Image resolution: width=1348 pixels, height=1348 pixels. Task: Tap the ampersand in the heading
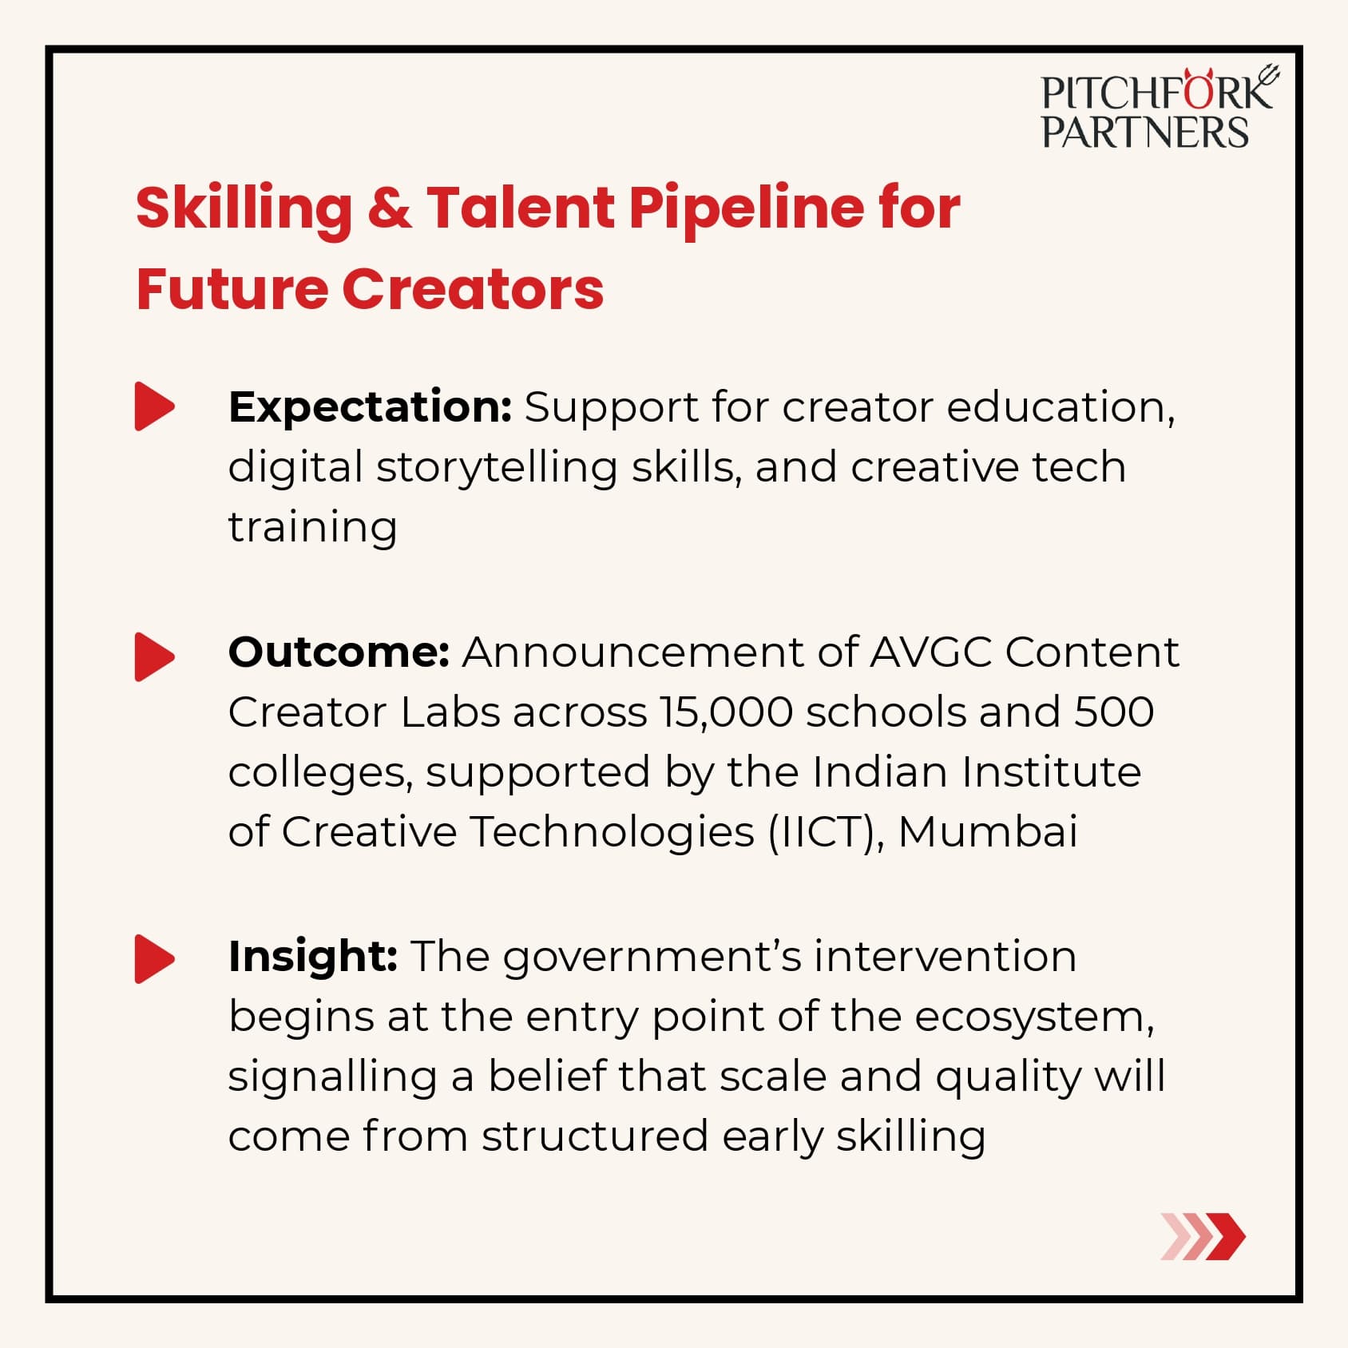[x=390, y=208]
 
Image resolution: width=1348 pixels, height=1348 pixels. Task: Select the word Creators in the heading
[x=473, y=289]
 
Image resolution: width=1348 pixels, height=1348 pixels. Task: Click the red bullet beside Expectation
[x=155, y=406]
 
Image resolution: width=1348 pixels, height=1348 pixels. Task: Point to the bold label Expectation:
[x=370, y=408]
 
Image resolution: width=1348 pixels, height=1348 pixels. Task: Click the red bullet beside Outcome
[x=155, y=657]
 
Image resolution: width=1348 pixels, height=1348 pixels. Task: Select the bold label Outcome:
[x=339, y=652]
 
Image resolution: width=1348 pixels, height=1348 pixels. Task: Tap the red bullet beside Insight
[x=155, y=958]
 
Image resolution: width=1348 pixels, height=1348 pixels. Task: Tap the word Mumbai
[x=988, y=832]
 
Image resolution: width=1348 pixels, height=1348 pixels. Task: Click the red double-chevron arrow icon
[x=1203, y=1236]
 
